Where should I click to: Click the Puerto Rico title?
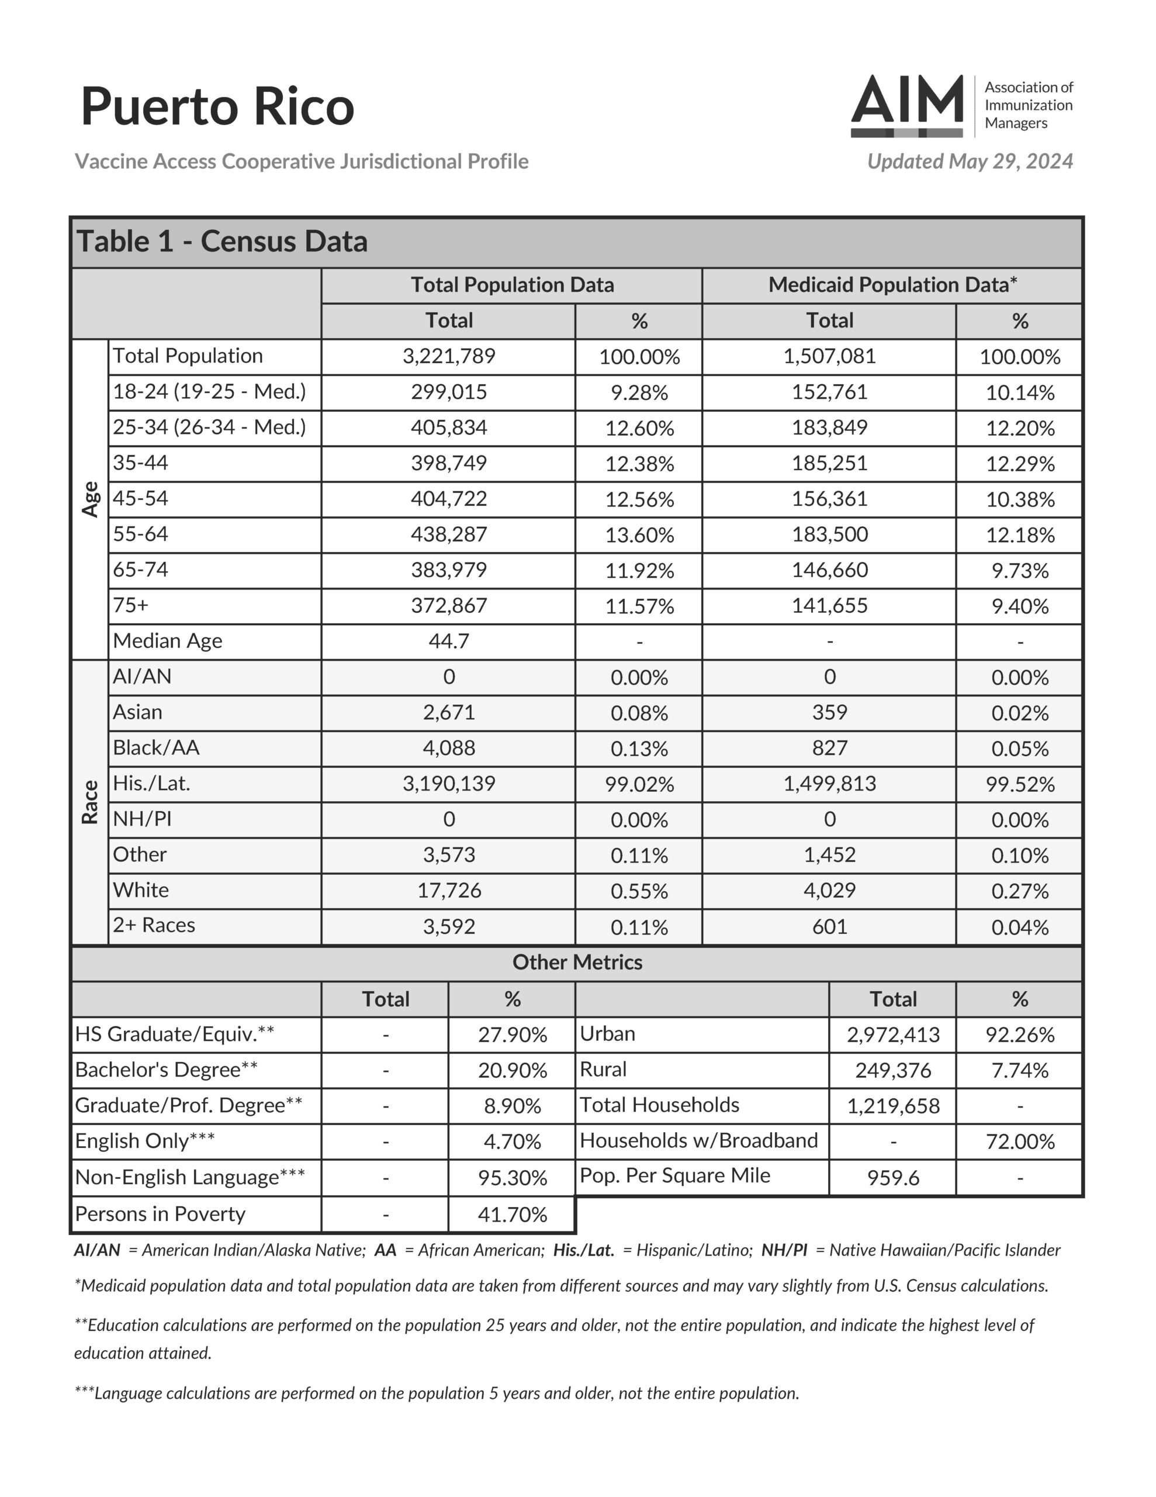(217, 106)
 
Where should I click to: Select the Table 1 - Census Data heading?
(222, 242)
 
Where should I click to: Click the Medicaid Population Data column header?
(892, 284)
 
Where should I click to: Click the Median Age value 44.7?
(449, 641)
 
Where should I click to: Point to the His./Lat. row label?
(151, 783)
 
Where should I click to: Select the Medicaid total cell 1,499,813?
(829, 784)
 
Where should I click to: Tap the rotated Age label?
(91, 499)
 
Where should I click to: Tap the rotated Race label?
(91, 802)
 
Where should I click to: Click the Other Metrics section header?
(577, 963)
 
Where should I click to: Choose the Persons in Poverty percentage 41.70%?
(512, 1215)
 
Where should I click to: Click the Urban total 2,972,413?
(893, 1034)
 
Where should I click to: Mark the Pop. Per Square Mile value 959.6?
(893, 1178)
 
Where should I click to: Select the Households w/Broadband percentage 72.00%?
(1020, 1141)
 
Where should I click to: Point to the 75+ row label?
(131, 605)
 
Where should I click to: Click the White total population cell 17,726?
(449, 891)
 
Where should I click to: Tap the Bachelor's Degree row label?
(167, 1070)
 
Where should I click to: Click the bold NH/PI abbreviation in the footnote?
(784, 1250)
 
